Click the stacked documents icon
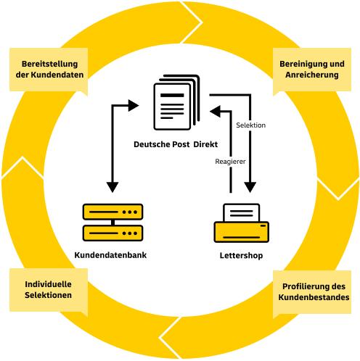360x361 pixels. (176, 102)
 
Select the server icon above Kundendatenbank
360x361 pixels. (112, 223)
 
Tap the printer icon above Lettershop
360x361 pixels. (242, 223)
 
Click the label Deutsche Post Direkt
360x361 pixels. (176, 144)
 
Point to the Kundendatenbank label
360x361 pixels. (110, 255)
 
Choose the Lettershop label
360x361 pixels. (241, 255)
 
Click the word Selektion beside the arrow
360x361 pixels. (251, 125)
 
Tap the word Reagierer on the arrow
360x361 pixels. (230, 162)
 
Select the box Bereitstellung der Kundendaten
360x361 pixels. (49, 70)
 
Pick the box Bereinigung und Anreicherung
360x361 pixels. (312, 70)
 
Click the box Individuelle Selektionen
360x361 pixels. (49, 290)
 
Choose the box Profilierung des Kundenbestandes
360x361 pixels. (312, 292)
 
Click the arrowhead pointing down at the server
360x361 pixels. (112, 187)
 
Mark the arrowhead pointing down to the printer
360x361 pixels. (250, 187)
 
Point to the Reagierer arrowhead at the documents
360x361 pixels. (215, 112)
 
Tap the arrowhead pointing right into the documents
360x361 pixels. (134, 106)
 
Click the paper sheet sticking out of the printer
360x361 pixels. (242, 212)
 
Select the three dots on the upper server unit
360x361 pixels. (130, 212)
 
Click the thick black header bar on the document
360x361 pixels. (172, 95)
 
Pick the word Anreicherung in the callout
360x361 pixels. (312, 75)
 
